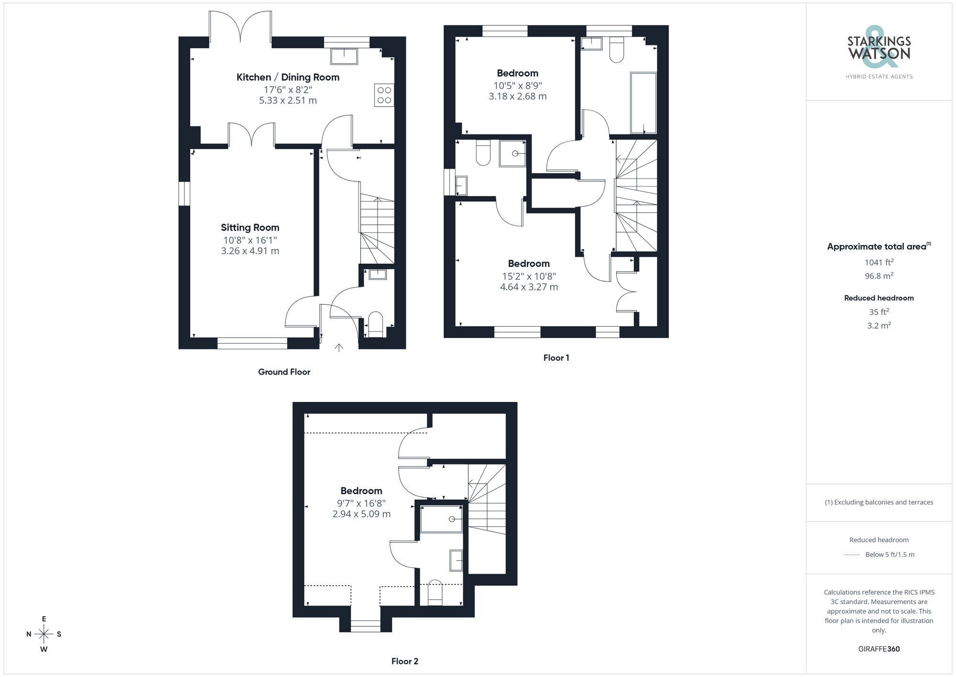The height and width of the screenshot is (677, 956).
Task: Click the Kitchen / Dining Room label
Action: click(x=288, y=77)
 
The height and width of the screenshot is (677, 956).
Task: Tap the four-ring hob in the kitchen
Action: click(x=384, y=95)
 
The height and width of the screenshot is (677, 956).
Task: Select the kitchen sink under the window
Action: click(x=344, y=56)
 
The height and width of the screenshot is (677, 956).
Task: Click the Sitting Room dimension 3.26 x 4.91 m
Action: click(x=250, y=251)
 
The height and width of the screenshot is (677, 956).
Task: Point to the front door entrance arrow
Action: click(x=339, y=348)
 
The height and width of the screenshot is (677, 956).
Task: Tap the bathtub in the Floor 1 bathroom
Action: click(x=643, y=102)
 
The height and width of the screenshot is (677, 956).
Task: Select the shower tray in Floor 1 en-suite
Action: click(x=512, y=153)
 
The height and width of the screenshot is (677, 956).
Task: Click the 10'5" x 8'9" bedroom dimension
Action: click(x=518, y=86)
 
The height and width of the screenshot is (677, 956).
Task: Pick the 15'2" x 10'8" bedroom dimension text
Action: click(x=529, y=276)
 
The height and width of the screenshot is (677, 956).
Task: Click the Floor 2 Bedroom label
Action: click(x=361, y=490)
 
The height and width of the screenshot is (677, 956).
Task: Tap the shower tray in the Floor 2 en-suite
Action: click(x=441, y=519)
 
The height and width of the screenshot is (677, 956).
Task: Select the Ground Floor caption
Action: click(x=284, y=372)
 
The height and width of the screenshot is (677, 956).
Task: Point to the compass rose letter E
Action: click(x=44, y=619)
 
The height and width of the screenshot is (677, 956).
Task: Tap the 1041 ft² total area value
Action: click(x=879, y=262)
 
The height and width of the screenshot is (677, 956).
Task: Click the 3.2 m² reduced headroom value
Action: click(x=879, y=325)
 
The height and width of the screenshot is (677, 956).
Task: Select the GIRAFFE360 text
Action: click(x=879, y=649)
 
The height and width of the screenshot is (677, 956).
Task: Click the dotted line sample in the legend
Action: click(x=852, y=555)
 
